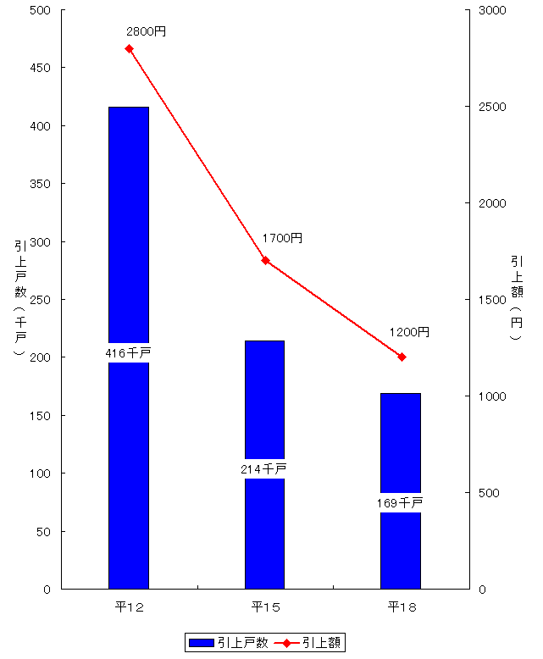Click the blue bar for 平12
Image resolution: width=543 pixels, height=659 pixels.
(129, 254)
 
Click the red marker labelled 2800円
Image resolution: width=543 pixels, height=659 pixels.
(130, 49)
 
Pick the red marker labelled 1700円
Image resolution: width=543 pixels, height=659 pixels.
(265, 261)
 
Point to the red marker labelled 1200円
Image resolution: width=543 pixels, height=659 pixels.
(402, 357)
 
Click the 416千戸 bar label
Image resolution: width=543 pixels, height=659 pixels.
(129, 353)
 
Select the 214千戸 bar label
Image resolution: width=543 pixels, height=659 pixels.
(264, 468)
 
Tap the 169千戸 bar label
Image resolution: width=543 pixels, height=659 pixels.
(401, 503)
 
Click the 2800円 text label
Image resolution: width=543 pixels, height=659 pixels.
(146, 32)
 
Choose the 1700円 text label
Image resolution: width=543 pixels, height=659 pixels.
(282, 239)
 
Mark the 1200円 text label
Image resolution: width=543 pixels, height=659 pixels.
(409, 332)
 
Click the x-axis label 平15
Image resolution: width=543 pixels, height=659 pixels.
(265, 607)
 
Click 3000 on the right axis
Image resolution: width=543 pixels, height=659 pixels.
(492, 10)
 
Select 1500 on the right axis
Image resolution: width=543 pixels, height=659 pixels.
(492, 300)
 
